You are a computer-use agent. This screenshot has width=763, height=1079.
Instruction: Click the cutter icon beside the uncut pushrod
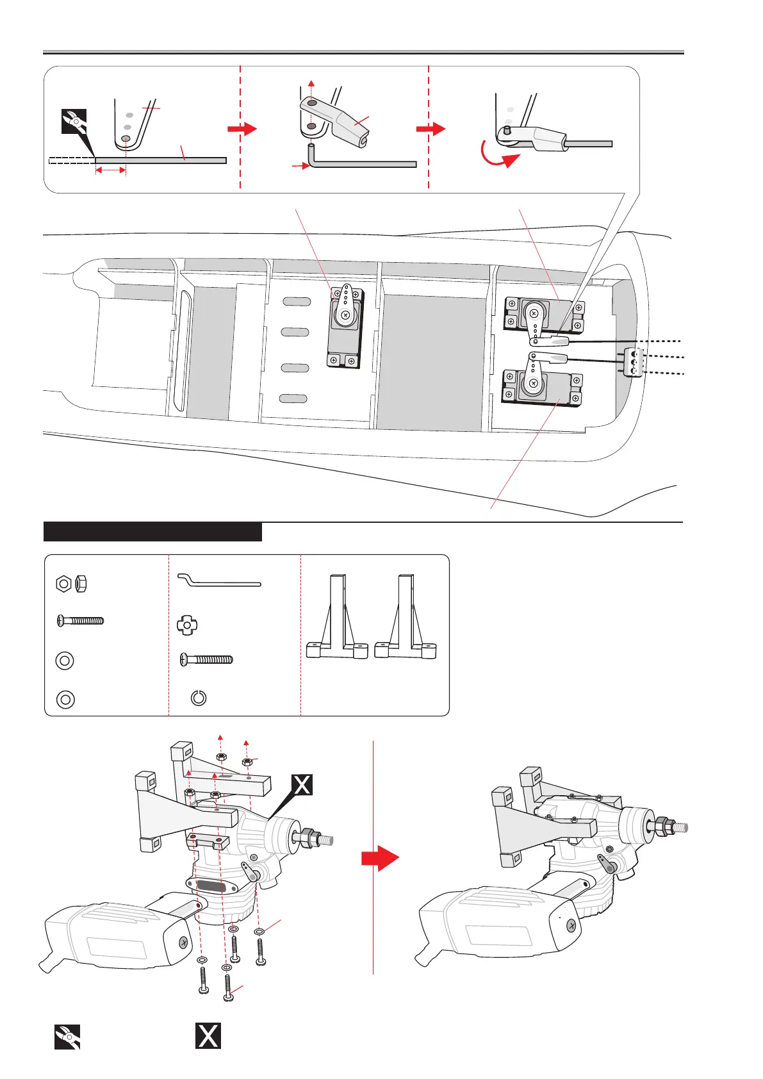(74, 122)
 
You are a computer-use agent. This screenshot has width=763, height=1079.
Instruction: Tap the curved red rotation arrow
(503, 156)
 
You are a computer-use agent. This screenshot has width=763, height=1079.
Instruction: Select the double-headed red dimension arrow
(110, 170)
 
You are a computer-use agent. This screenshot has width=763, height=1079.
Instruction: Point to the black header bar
(152, 532)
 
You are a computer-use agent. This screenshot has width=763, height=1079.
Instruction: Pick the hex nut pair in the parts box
(72, 584)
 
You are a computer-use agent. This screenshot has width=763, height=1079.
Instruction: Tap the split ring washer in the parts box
(199, 698)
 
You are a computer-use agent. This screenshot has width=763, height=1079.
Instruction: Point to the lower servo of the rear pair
(542, 388)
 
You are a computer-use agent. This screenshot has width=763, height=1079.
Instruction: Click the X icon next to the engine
(302, 784)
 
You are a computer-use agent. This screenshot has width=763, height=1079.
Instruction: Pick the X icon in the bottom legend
(208, 1035)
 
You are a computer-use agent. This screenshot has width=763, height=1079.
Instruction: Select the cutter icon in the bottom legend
(67, 1036)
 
